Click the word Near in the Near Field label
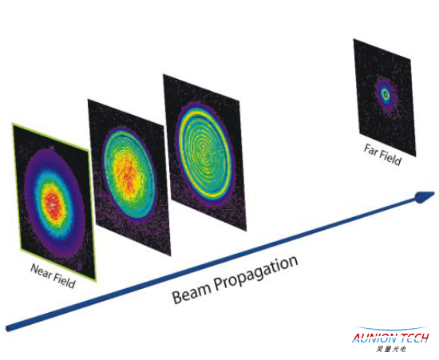[x=42, y=271]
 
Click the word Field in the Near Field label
[x=65, y=281]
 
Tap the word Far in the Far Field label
[x=370, y=150]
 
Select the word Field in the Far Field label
[x=390, y=158]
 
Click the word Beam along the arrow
[x=192, y=291]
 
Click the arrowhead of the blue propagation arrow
[x=425, y=196]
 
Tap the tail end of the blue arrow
[x=9, y=328]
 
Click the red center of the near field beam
[x=53, y=205]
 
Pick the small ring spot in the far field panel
[x=386, y=95]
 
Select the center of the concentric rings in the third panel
[x=204, y=152]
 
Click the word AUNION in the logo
[x=374, y=338]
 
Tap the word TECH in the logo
[x=413, y=338]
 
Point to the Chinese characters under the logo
[x=391, y=349]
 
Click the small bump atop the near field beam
[x=52, y=148]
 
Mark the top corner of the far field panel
[x=354, y=39]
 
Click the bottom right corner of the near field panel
[x=96, y=280]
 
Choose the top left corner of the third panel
[x=164, y=74]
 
